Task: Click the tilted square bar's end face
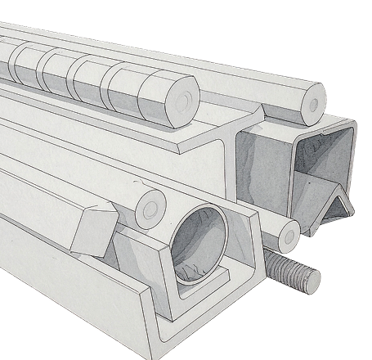(87, 232)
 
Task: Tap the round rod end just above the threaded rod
(288, 236)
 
